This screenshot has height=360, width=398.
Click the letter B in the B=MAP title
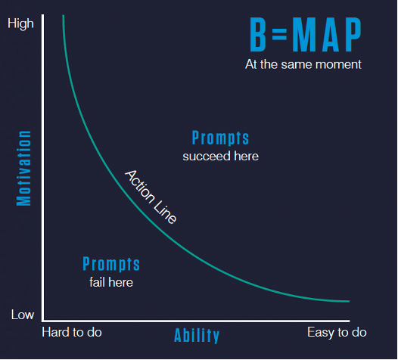[258, 35]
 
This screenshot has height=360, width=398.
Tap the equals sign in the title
[279, 34]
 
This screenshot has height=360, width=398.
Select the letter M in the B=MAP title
[303, 35]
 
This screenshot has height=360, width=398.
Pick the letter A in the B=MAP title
[331, 35]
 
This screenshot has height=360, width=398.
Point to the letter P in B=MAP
[353, 35]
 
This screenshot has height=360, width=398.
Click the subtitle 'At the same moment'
[303, 64]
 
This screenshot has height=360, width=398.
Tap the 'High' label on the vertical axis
[20, 24]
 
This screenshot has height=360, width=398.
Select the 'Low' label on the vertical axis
[23, 315]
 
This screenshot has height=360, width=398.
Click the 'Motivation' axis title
[24, 168]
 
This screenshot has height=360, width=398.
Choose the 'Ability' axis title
[197, 335]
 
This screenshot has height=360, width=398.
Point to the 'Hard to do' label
[72, 332]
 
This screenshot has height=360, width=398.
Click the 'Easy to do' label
[337, 332]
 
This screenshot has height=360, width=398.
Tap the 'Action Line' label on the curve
[151, 197]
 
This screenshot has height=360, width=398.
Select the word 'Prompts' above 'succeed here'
[220, 138]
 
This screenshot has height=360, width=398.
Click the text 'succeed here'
[221, 156]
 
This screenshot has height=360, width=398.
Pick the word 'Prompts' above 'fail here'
[111, 264]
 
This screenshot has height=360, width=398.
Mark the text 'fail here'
[111, 282]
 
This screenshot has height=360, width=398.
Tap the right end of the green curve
[350, 302]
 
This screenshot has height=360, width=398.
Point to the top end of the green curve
[64, 15]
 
